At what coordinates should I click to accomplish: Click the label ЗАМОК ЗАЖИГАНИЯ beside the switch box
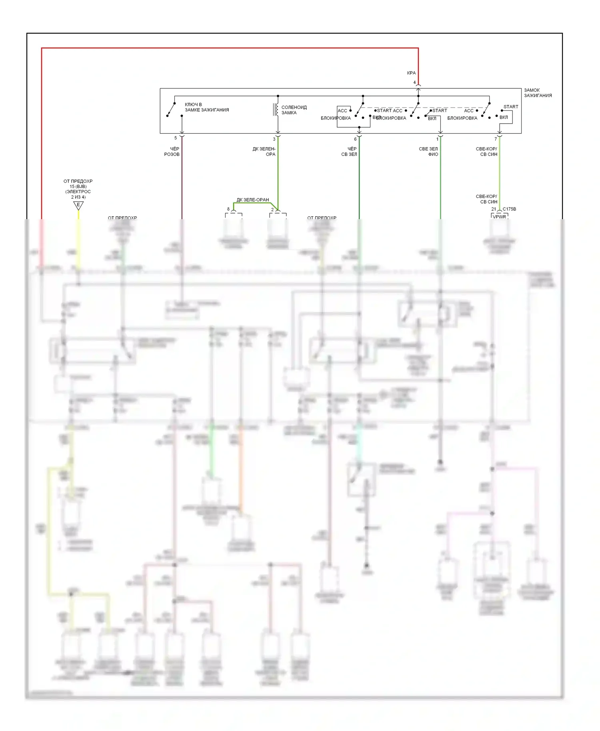tap(538, 93)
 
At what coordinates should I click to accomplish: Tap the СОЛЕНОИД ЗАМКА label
tap(294, 110)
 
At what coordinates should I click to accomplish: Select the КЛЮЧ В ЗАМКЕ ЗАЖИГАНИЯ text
tap(206, 107)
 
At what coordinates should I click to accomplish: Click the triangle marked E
tap(78, 206)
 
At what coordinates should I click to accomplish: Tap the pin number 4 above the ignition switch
tap(414, 83)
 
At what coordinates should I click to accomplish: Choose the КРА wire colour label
tap(411, 73)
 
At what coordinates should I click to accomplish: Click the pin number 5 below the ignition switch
tap(175, 138)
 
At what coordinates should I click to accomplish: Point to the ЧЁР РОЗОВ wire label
tap(172, 152)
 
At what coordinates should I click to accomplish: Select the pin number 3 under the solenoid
tap(274, 139)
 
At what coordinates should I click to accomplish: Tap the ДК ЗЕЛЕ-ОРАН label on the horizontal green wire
tap(252, 200)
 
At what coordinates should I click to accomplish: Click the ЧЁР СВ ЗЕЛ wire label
tap(349, 152)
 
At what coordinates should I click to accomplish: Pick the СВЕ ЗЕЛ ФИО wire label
tap(428, 152)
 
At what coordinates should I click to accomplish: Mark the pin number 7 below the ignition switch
tap(496, 139)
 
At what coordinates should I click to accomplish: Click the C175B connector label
tap(509, 209)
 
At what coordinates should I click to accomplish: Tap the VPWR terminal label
tap(499, 217)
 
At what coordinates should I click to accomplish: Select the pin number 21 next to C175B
tap(494, 209)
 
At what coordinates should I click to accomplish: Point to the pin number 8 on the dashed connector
tap(228, 209)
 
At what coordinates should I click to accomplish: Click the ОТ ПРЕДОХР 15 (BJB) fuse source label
tap(78, 189)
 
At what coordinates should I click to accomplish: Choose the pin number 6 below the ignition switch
tap(355, 139)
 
